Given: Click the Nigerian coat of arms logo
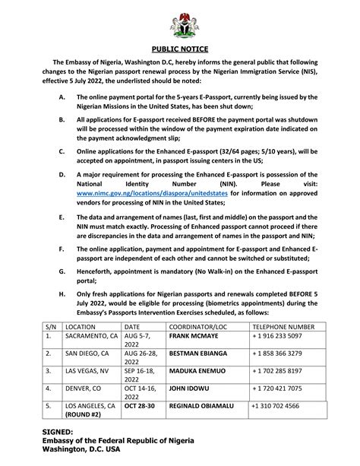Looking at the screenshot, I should (182, 24).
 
